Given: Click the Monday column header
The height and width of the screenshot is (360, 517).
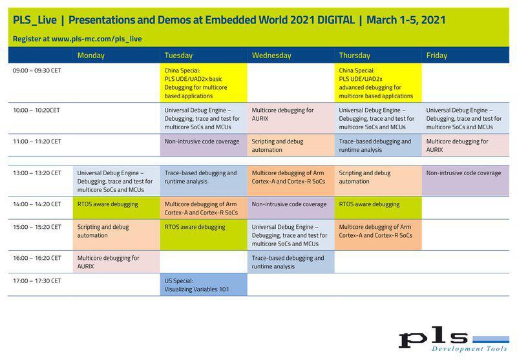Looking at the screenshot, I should click(x=91, y=56).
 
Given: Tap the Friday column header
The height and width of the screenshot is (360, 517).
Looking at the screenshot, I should click(x=437, y=56).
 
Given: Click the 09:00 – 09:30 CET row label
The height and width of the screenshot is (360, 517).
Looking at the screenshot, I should click(x=37, y=70).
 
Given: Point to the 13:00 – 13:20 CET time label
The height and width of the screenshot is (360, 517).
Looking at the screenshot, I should click(x=37, y=173).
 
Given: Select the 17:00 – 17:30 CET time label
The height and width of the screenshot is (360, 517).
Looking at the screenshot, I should click(x=37, y=281).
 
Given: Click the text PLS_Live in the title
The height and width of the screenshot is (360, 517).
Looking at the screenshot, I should click(x=34, y=20).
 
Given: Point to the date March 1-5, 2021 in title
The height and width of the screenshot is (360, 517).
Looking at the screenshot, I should click(x=405, y=20).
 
